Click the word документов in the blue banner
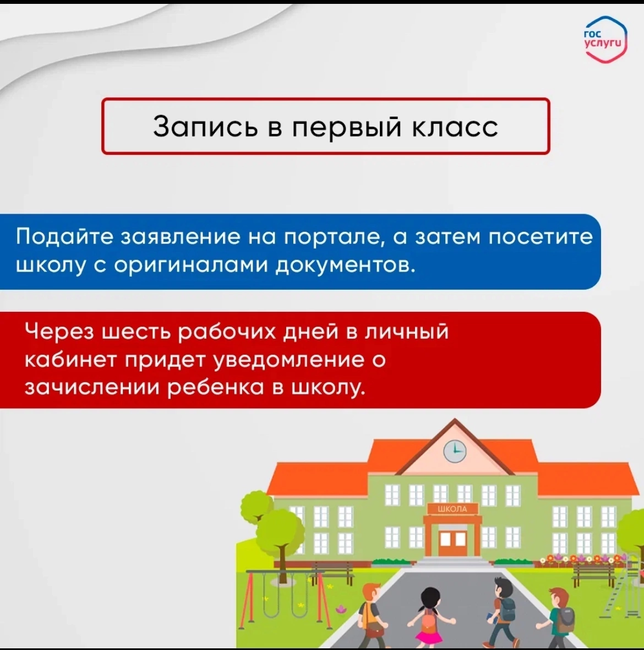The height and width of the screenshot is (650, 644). pyautogui.click(x=346, y=266)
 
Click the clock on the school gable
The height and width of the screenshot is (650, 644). pyautogui.click(x=455, y=451)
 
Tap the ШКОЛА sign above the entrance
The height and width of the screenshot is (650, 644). pyautogui.click(x=452, y=508)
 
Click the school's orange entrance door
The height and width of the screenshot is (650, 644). pyautogui.click(x=452, y=540)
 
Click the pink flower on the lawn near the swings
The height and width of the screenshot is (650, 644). pyautogui.click(x=340, y=609)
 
